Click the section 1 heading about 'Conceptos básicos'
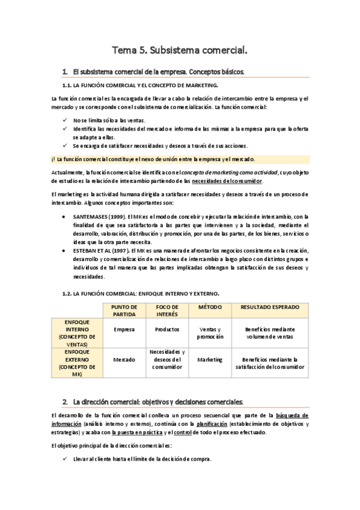coord(157,72)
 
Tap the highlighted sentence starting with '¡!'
coord(153,159)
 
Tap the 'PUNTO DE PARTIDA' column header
coord(124,310)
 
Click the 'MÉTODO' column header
coord(210,307)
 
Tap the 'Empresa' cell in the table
coord(124,330)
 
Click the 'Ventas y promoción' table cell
coord(210,333)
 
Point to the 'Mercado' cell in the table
coord(124,359)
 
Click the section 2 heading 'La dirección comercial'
coord(158,401)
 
